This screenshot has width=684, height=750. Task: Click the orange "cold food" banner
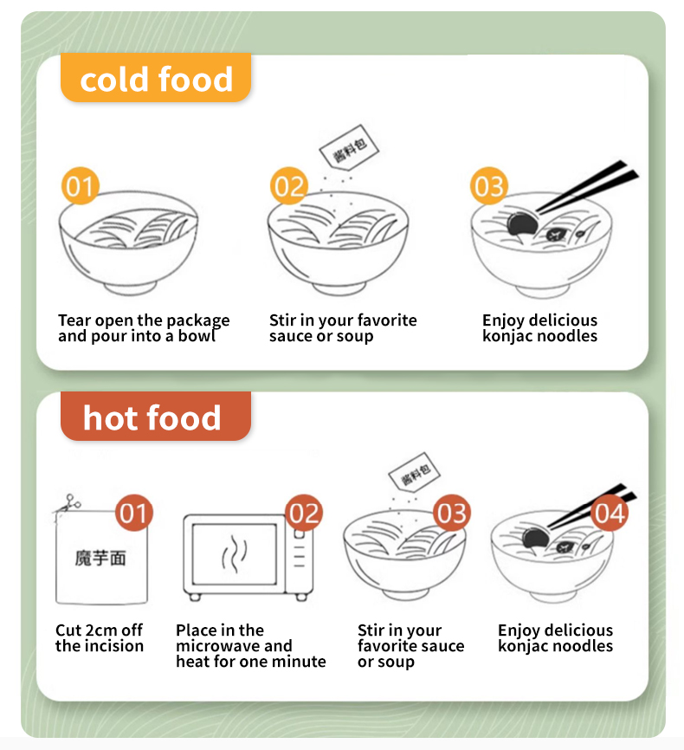point(156,78)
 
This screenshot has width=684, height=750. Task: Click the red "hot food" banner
point(156,416)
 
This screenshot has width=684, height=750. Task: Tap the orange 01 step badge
point(80,185)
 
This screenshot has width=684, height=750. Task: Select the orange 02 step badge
point(289,185)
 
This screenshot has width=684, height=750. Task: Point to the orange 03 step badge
point(489,185)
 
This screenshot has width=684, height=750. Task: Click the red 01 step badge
point(134,513)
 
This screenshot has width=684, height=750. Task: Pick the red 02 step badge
point(304,513)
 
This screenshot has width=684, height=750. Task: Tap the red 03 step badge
point(452,513)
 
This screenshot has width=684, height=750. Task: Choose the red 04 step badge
point(610,513)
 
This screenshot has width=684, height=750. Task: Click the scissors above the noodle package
point(68,504)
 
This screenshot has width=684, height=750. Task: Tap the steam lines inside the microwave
point(235,554)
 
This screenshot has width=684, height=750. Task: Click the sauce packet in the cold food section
point(349,147)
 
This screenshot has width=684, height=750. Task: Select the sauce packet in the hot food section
point(414,472)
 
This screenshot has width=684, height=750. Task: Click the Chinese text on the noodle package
point(100,559)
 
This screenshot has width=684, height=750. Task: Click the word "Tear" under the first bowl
point(74,320)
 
